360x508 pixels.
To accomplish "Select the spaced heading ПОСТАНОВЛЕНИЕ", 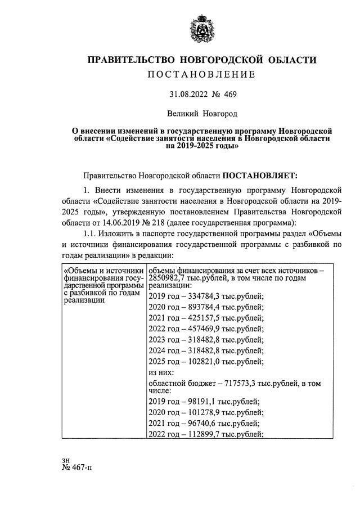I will click(201, 74).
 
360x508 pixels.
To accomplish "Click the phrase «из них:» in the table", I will click(163, 372).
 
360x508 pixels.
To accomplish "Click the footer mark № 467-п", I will click(78, 468).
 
